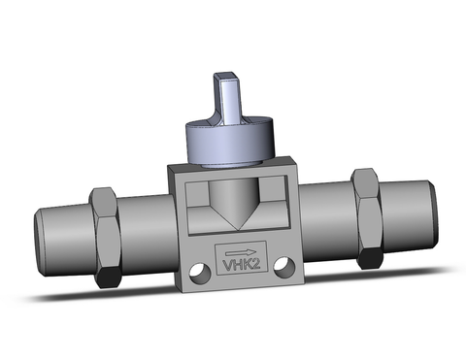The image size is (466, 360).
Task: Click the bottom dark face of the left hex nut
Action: (109, 278)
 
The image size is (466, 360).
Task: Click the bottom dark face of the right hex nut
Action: (370, 259)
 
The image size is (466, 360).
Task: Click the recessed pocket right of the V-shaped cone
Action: (267, 206)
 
